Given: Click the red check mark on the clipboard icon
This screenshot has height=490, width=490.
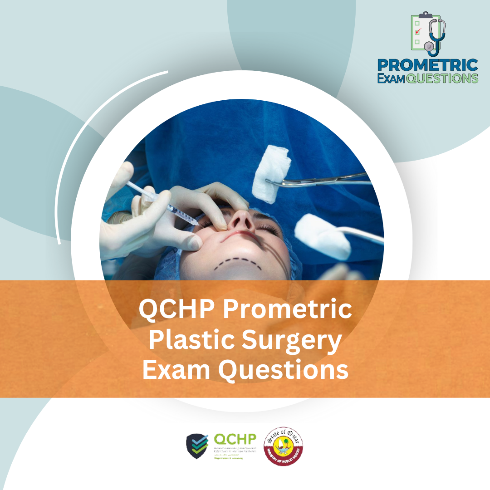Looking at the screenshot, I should pos(418,31).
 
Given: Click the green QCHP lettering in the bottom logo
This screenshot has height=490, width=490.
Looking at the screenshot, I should pos(235,439).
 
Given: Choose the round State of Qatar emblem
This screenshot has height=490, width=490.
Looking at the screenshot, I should pos(284,445).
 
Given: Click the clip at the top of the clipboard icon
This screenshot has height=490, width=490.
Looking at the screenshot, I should pos(425,15).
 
